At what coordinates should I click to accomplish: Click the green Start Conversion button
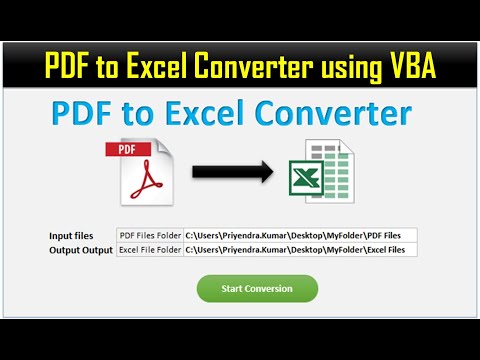click(x=258, y=289)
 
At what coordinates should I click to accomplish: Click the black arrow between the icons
click(x=232, y=172)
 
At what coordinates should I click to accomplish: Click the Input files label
click(x=71, y=235)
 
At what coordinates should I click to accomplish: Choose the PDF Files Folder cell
click(x=150, y=235)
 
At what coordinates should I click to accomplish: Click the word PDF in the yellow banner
click(x=65, y=67)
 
